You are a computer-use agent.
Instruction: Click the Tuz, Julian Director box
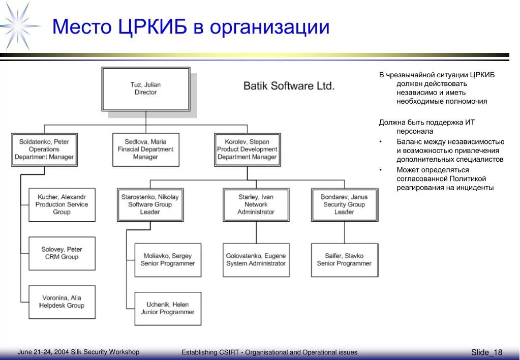coord(146,89)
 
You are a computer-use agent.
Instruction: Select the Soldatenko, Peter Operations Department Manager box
coord(44,149)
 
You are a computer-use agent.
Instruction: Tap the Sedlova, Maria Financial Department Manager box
coord(145,149)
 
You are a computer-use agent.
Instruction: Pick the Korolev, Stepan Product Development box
coord(247,149)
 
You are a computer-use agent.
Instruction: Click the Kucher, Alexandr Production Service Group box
coord(62,204)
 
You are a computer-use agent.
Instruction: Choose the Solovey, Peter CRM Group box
coord(62,253)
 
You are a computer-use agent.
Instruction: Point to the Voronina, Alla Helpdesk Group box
coord(62,302)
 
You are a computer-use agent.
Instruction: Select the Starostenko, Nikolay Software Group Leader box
coord(150,204)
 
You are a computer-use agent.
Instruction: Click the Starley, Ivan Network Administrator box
coord(256,204)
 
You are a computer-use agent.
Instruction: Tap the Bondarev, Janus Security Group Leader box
coord(344,204)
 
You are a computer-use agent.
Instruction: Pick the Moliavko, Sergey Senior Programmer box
coord(168,260)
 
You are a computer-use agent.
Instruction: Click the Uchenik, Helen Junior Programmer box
coord(168,309)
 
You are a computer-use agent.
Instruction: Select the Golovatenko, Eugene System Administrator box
coord(256,260)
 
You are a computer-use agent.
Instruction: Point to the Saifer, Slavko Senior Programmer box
coord(344,260)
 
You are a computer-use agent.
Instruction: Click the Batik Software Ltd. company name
coord(289,86)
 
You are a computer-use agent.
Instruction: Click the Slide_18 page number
coord(486,352)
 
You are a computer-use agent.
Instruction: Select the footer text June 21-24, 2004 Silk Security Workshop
coord(78,352)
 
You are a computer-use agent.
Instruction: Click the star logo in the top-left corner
coord(19,25)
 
